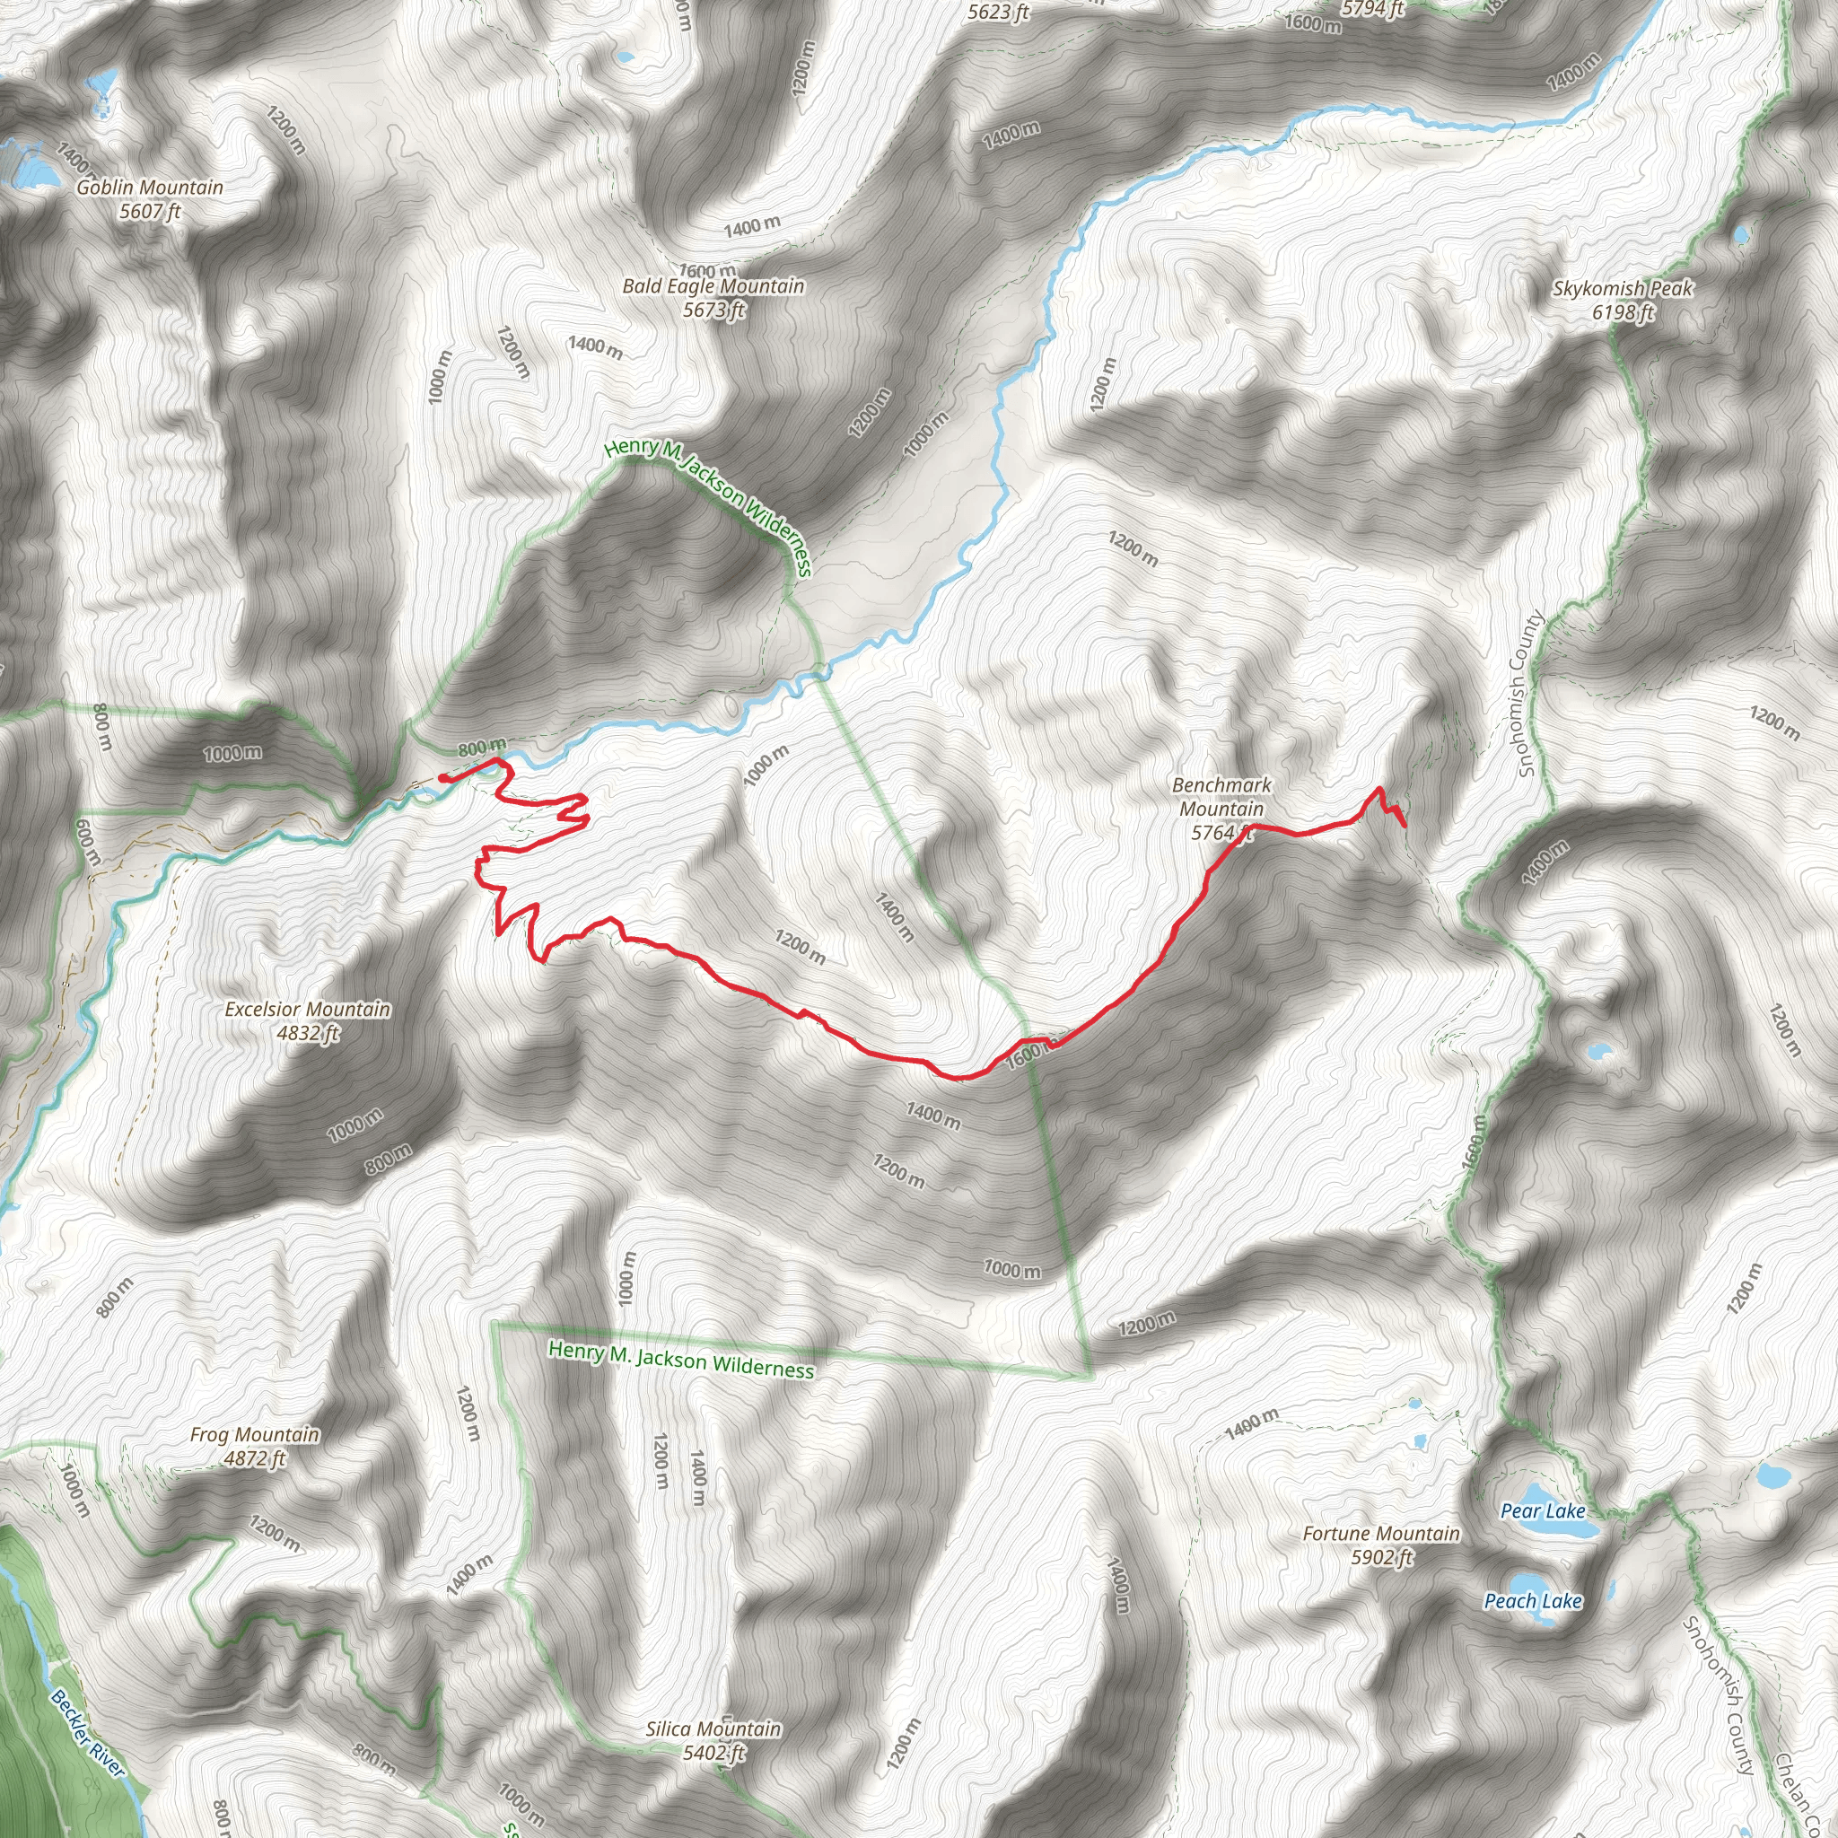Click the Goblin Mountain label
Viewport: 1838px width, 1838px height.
[149, 188]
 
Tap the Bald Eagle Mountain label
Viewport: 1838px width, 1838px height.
[713, 286]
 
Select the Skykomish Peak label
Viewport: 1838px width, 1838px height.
[1622, 288]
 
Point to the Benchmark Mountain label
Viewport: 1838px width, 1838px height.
[1221, 797]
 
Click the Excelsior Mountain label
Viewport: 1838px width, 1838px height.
[307, 1010]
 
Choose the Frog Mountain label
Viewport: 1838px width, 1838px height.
[255, 1435]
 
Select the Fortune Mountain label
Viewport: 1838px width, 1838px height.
[1380, 1534]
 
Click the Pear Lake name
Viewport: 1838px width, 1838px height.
[1542, 1510]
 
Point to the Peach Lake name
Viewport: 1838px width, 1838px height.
[1533, 1601]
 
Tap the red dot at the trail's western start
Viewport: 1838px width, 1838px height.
[444, 778]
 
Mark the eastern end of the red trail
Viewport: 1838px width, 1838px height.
[1406, 826]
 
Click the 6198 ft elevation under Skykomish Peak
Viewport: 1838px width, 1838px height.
[1623, 312]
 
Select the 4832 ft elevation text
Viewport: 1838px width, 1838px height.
[308, 1033]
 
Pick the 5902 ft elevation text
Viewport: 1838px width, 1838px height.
[1381, 1557]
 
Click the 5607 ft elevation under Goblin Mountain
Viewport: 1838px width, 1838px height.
[149, 211]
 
